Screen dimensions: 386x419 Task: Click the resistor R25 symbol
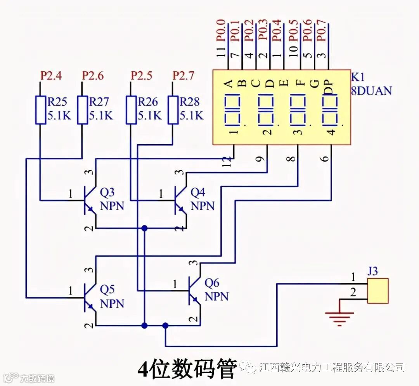pos(41,110)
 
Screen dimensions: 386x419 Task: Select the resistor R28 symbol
pos(173,110)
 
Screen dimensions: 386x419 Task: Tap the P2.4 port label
pos(51,76)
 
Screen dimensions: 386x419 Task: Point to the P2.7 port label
pos(183,76)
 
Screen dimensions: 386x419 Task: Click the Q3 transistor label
pos(108,192)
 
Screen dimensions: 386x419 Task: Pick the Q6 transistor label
pos(212,283)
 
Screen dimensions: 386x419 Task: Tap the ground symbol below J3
pos(340,318)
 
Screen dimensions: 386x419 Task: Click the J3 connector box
pos(377,291)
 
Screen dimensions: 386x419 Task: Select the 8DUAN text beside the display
pos(371,91)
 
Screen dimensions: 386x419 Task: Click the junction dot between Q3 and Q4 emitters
pos(144,228)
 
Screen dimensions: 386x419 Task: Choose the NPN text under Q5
pos(112,303)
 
